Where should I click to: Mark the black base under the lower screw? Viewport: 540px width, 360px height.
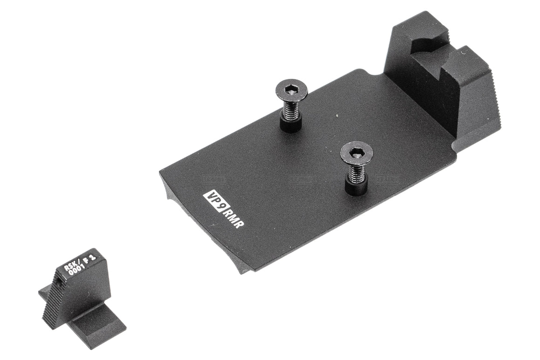click(356, 188)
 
